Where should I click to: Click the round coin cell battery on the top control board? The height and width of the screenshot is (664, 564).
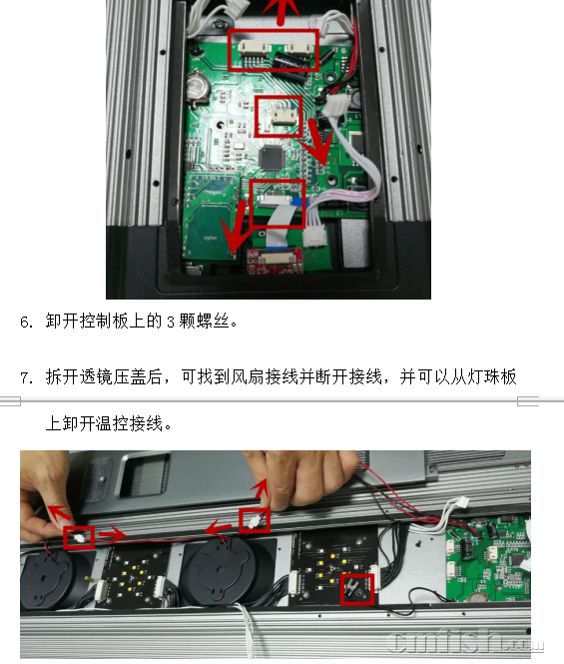(198, 87)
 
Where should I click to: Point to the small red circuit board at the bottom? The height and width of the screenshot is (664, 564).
(275, 262)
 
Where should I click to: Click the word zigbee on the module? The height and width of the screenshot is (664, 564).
(210, 238)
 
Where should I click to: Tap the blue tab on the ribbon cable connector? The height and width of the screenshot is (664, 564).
(298, 204)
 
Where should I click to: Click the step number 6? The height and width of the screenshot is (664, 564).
(26, 322)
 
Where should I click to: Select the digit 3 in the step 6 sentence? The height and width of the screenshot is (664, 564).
(171, 322)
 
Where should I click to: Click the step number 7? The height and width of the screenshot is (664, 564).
(26, 377)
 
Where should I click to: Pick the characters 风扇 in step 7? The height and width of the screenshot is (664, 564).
(248, 376)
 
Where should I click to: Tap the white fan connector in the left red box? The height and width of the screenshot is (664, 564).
(80, 538)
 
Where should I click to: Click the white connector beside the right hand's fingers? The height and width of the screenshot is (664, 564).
(255, 522)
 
